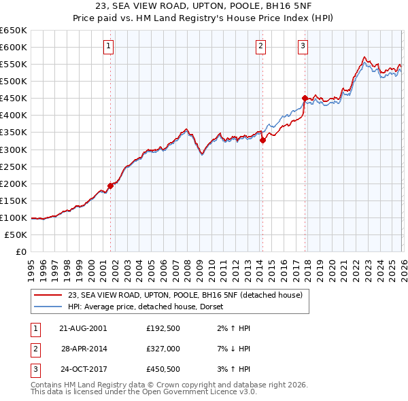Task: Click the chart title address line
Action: (203, 6)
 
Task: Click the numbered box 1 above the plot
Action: (109, 46)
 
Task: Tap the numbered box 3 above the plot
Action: (303, 46)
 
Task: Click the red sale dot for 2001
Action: (110, 186)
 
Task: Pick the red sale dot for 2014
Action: (262, 140)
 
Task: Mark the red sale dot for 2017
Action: (305, 97)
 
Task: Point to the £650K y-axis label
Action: (14, 31)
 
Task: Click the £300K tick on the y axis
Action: (14, 150)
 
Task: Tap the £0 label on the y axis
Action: (20, 252)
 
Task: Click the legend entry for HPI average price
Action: (150, 307)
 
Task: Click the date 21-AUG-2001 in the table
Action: (82, 328)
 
